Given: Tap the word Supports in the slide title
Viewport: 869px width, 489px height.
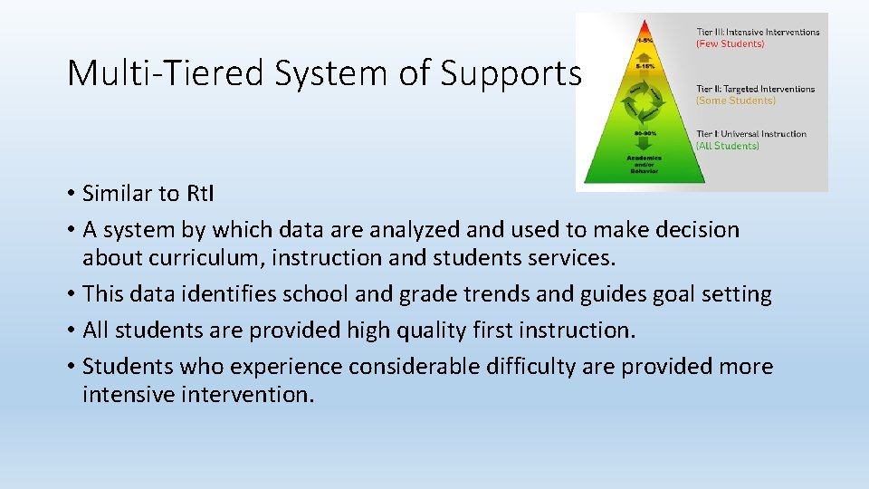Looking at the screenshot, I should [x=511, y=73].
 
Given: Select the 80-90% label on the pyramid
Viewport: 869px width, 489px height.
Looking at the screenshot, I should [x=645, y=132].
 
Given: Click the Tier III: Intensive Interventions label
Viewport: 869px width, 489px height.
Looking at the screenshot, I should [x=758, y=32].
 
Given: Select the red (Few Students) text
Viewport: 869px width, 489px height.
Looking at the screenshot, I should [x=730, y=43].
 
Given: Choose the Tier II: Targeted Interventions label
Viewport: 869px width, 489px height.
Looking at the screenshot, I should [x=755, y=89].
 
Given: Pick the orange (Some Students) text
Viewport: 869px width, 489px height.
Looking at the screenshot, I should [x=735, y=101].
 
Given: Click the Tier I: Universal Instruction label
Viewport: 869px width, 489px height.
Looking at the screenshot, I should [x=750, y=134].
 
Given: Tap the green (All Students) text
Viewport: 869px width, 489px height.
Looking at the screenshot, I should [x=727, y=146].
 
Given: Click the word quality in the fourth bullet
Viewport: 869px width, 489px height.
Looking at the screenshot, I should [x=425, y=331].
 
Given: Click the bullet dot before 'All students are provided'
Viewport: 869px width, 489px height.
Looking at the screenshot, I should [x=70, y=331].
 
